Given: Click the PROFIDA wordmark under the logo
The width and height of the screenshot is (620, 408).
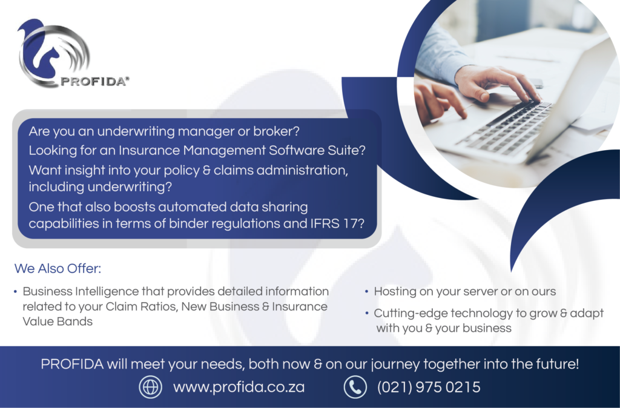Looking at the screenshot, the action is [94, 82].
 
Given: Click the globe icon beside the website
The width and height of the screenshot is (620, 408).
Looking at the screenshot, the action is [150, 387].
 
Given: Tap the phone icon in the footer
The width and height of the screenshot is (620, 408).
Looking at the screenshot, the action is [355, 387].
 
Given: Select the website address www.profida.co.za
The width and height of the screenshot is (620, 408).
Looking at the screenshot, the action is [239, 387].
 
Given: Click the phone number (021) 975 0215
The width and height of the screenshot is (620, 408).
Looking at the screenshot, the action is [429, 387].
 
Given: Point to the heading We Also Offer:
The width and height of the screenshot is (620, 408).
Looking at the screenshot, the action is [58, 268].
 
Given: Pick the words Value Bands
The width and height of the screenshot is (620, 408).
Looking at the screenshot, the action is [58, 321].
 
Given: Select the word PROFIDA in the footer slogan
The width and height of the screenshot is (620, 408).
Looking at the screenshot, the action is [72, 364].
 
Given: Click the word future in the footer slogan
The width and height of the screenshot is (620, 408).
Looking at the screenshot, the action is [557, 364].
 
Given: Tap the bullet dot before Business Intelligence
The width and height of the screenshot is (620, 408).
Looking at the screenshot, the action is [15, 292].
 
